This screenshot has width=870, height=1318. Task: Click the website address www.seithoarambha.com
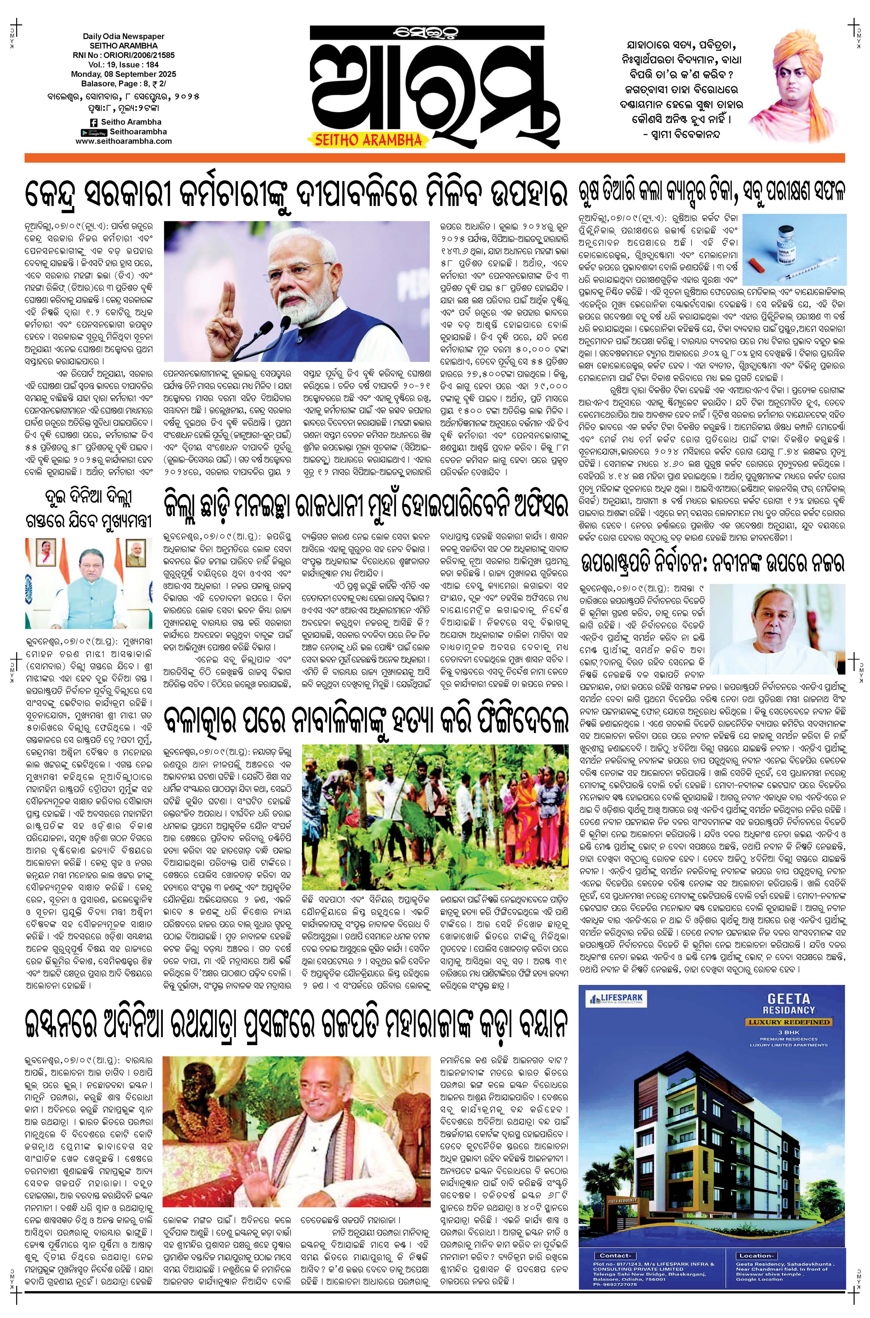point(124,141)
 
